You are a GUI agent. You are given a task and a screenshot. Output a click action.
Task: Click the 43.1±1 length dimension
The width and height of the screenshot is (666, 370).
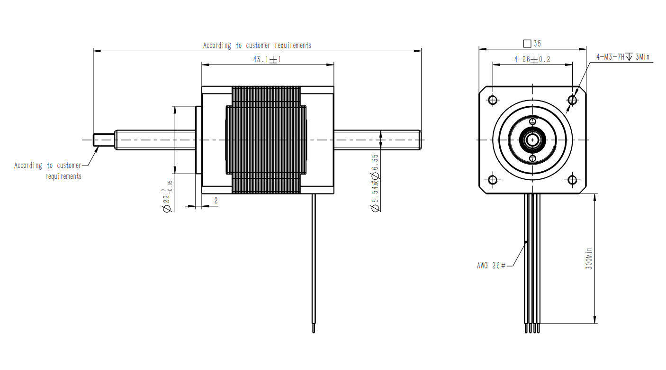click(x=267, y=60)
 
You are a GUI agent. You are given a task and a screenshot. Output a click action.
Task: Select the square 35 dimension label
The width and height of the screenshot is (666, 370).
click(x=532, y=44)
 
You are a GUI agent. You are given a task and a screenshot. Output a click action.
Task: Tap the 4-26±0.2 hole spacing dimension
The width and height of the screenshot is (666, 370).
click(x=532, y=60)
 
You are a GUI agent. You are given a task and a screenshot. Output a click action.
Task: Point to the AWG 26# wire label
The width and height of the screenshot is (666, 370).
click(x=491, y=266)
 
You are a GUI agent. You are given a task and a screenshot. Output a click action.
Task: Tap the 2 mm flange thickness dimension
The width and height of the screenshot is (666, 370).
click(x=216, y=201)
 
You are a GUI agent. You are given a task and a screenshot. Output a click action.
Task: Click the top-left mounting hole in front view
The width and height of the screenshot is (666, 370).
click(x=492, y=100)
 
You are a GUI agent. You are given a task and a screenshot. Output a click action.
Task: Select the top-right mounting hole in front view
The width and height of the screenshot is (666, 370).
click(x=572, y=100)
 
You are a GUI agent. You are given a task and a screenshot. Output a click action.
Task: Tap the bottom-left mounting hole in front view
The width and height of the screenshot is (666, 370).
click(x=492, y=180)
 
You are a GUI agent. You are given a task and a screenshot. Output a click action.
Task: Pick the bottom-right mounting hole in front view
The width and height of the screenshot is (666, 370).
click(x=572, y=180)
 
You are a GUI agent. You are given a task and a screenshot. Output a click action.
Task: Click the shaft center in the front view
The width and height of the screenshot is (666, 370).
click(x=532, y=140)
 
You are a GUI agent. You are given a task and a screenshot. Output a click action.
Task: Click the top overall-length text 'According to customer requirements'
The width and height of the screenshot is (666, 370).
click(x=257, y=46)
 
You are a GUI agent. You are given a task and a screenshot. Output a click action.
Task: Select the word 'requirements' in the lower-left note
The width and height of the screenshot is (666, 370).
click(x=63, y=176)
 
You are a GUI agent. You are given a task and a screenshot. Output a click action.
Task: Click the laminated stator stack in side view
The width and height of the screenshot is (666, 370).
click(x=266, y=140)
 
